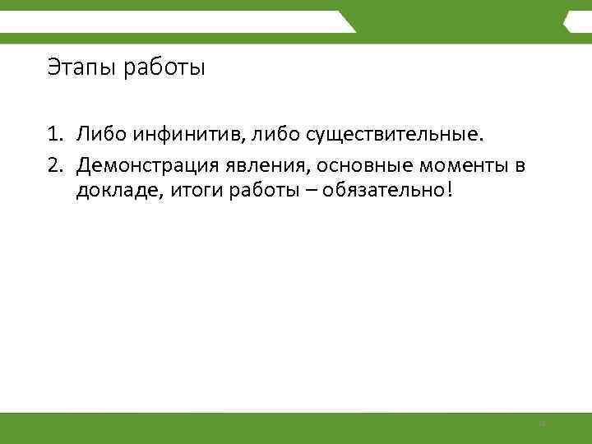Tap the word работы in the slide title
[164, 67]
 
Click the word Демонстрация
[145, 168]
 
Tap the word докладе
[109, 192]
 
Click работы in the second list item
[239, 192]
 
